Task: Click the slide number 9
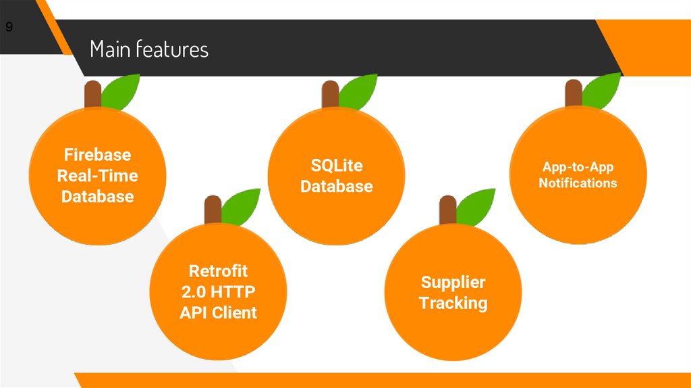pos(9,28)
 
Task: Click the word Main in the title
pos(110,49)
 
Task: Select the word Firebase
pos(97,154)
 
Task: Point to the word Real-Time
pos(97,176)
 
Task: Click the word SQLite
pos(337,166)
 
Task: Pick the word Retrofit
pos(218,271)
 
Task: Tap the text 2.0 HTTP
pos(218,292)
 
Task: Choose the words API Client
pos(218,312)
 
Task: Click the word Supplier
pos(453,282)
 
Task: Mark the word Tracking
pos(453,303)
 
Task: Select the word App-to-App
pos(578,167)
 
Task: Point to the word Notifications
pos(578,183)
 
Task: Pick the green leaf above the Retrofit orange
pos(241,205)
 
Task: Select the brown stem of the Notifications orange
pos(573,93)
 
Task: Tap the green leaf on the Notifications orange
pos(601,89)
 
